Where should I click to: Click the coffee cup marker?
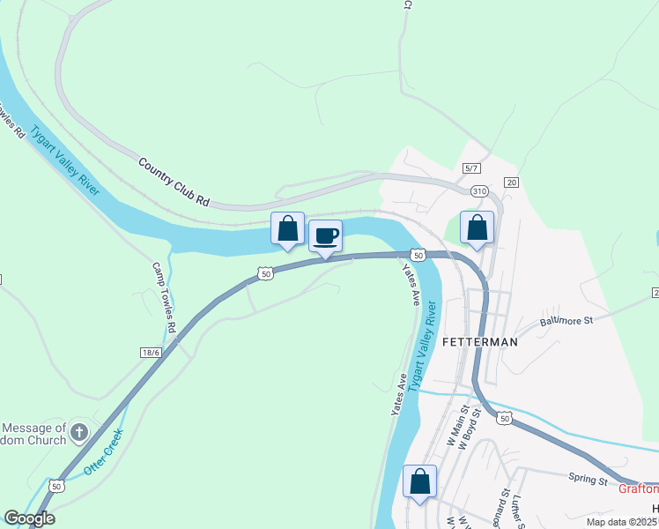pos(325,236)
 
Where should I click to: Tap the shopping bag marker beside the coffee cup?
pos(287,229)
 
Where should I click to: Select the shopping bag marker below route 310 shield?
pos(477,228)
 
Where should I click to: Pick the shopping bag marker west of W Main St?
pos(420,482)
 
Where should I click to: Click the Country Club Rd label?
pos(174,183)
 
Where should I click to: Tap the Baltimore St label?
pos(566,322)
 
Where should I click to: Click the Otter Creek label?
pos(104,452)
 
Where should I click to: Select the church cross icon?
pos(79,432)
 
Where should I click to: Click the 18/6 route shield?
pos(151,352)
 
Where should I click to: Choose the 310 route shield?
pos(479,190)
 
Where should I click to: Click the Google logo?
pos(29,518)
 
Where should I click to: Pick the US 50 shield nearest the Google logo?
pos(56,486)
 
